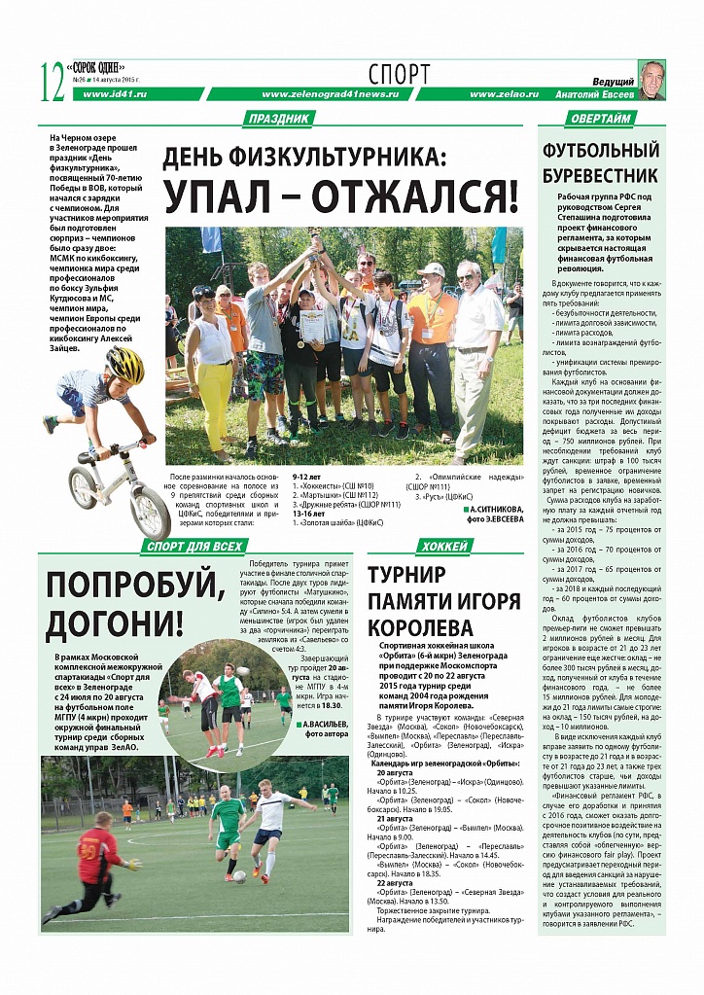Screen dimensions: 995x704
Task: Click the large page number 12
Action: point(52,82)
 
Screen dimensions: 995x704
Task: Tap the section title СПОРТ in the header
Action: point(399,73)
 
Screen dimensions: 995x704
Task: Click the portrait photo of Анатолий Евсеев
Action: point(651,80)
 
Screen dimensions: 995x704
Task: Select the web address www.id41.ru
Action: point(115,94)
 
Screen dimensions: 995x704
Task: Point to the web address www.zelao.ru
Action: point(501,94)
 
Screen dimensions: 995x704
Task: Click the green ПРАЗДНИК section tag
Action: point(279,119)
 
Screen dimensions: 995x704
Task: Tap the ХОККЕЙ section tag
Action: point(443,547)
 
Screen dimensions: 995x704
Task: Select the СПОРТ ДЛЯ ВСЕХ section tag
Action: point(194,547)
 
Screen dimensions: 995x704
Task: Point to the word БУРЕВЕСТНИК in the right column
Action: point(600,176)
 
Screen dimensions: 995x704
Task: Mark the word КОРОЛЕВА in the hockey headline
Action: point(420,627)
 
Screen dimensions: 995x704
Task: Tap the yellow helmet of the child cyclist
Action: point(124,365)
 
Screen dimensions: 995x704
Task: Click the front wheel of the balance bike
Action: point(151,510)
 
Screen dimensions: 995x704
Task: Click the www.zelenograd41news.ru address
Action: point(330,94)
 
